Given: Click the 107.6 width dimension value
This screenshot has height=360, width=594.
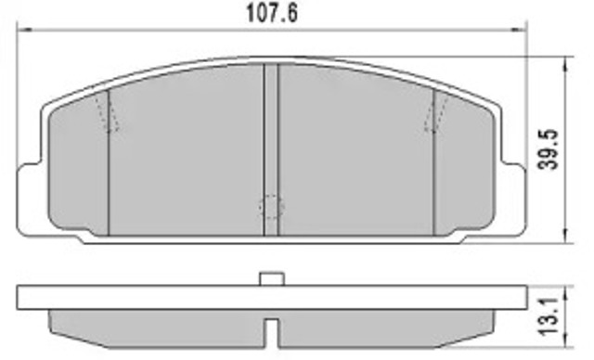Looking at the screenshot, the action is pyautogui.click(x=272, y=14).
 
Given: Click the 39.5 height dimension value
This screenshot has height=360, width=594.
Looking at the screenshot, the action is pyautogui.click(x=549, y=150).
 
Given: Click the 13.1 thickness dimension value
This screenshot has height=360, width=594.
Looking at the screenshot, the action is pyautogui.click(x=549, y=316).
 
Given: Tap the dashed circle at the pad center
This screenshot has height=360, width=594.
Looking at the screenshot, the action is pyautogui.click(x=271, y=206).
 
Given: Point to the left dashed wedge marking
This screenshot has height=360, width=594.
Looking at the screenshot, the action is pyautogui.click(x=108, y=113).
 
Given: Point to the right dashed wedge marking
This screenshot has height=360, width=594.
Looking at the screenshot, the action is pyautogui.click(x=435, y=113).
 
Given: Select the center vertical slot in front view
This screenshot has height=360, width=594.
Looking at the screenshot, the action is pyautogui.click(x=271, y=149).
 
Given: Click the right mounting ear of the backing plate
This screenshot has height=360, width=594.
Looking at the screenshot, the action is pyautogui.click(x=514, y=199).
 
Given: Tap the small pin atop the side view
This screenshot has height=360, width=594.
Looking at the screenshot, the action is pyautogui.click(x=272, y=278).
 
